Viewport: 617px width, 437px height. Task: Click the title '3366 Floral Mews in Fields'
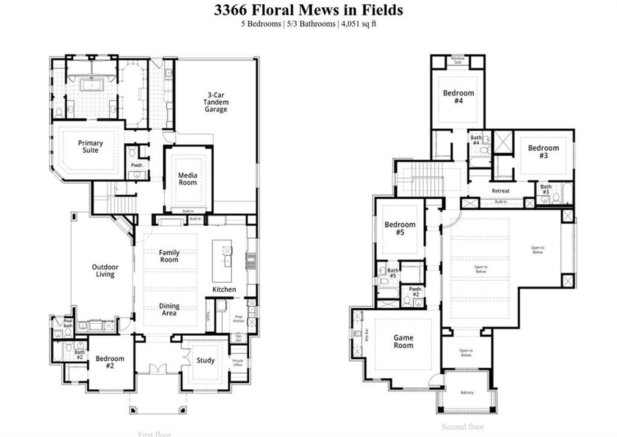[308, 10]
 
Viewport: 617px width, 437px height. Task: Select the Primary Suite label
[91, 147]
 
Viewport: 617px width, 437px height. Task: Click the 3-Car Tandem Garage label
[215, 102]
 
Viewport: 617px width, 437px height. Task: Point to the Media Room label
[188, 179]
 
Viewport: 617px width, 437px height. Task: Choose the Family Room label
[169, 256]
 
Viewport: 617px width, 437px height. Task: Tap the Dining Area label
[169, 309]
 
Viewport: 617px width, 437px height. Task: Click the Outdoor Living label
[105, 271]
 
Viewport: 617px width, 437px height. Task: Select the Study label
[205, 360]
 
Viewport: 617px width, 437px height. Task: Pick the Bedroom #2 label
[110, 362]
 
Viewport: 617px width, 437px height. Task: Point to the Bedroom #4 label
[458, 96]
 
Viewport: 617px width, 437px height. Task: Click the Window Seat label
[457, 60]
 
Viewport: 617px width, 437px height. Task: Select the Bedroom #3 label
[543, 151]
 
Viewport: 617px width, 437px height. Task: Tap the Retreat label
[500, 191]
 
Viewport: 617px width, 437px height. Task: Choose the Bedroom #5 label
[400, 228]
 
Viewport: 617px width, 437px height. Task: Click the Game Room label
[403, 341]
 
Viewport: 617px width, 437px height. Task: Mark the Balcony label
[467, 393]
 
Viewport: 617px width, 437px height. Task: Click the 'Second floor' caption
[463, 427]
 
